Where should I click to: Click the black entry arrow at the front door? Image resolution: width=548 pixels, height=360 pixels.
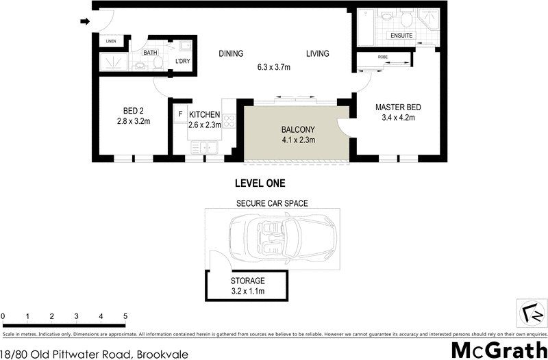click(x=85, y=22)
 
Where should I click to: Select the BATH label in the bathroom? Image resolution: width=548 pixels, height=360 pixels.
click(x=150, y=52)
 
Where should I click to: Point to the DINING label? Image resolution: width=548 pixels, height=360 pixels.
click(x=232, y=53)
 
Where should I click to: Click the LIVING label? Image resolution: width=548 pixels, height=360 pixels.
click(x=317, y=53)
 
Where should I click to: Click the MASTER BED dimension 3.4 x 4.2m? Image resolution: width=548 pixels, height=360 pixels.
click(x=397, y=118)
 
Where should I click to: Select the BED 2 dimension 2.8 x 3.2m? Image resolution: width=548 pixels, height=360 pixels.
click(x=133, y=121)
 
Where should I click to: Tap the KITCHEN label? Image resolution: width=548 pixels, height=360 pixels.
click(x=205, y=114)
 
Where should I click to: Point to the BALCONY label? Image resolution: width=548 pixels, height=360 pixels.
click(x=298, y=129)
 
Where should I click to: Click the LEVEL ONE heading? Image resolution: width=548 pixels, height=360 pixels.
click(x=260, y=183)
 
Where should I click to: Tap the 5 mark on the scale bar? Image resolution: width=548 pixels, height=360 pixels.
click(x=125, y=316)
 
